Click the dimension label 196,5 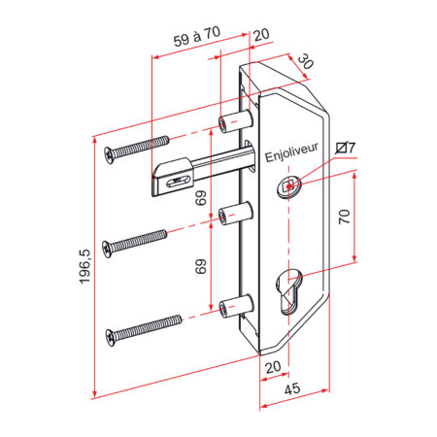84,267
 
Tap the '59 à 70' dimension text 197,37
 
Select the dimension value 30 305,61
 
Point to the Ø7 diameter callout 345,148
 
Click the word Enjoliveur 291,152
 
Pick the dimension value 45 292,388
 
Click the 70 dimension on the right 344,217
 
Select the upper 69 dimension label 201,198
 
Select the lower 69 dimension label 201,266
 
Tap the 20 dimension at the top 261,35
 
